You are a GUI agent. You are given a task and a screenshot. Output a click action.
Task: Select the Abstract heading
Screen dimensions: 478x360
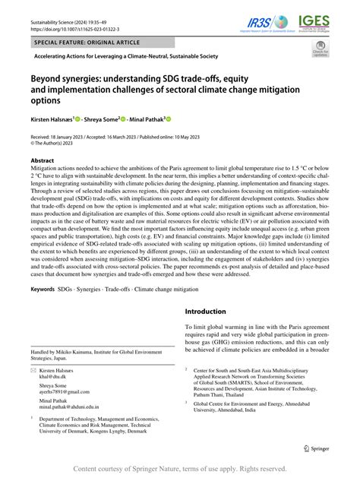42,161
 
